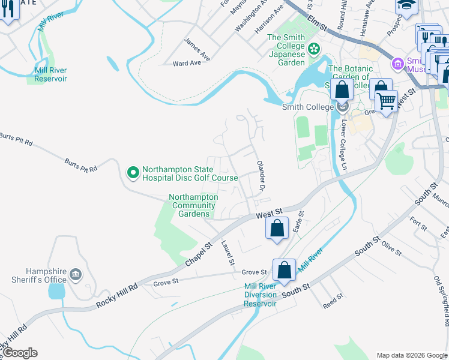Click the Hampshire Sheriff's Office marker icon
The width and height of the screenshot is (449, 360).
(x=76, y=275)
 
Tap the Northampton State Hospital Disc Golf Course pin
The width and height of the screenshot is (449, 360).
(x=133, y=173)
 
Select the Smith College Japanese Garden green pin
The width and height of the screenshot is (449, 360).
(x=313, y=48)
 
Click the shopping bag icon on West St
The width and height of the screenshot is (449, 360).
(x=276, y=229)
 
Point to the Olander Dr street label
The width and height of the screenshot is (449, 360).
(x=261, y=176)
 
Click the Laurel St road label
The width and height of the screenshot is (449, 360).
(x=227, y=253)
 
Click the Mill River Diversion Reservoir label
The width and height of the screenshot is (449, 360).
(x=261, y=295)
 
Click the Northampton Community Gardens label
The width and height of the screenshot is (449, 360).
(x=193, y=205)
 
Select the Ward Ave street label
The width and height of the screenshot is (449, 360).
(x=187, y=63)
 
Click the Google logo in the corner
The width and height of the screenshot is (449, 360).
(x=19, y=353)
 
